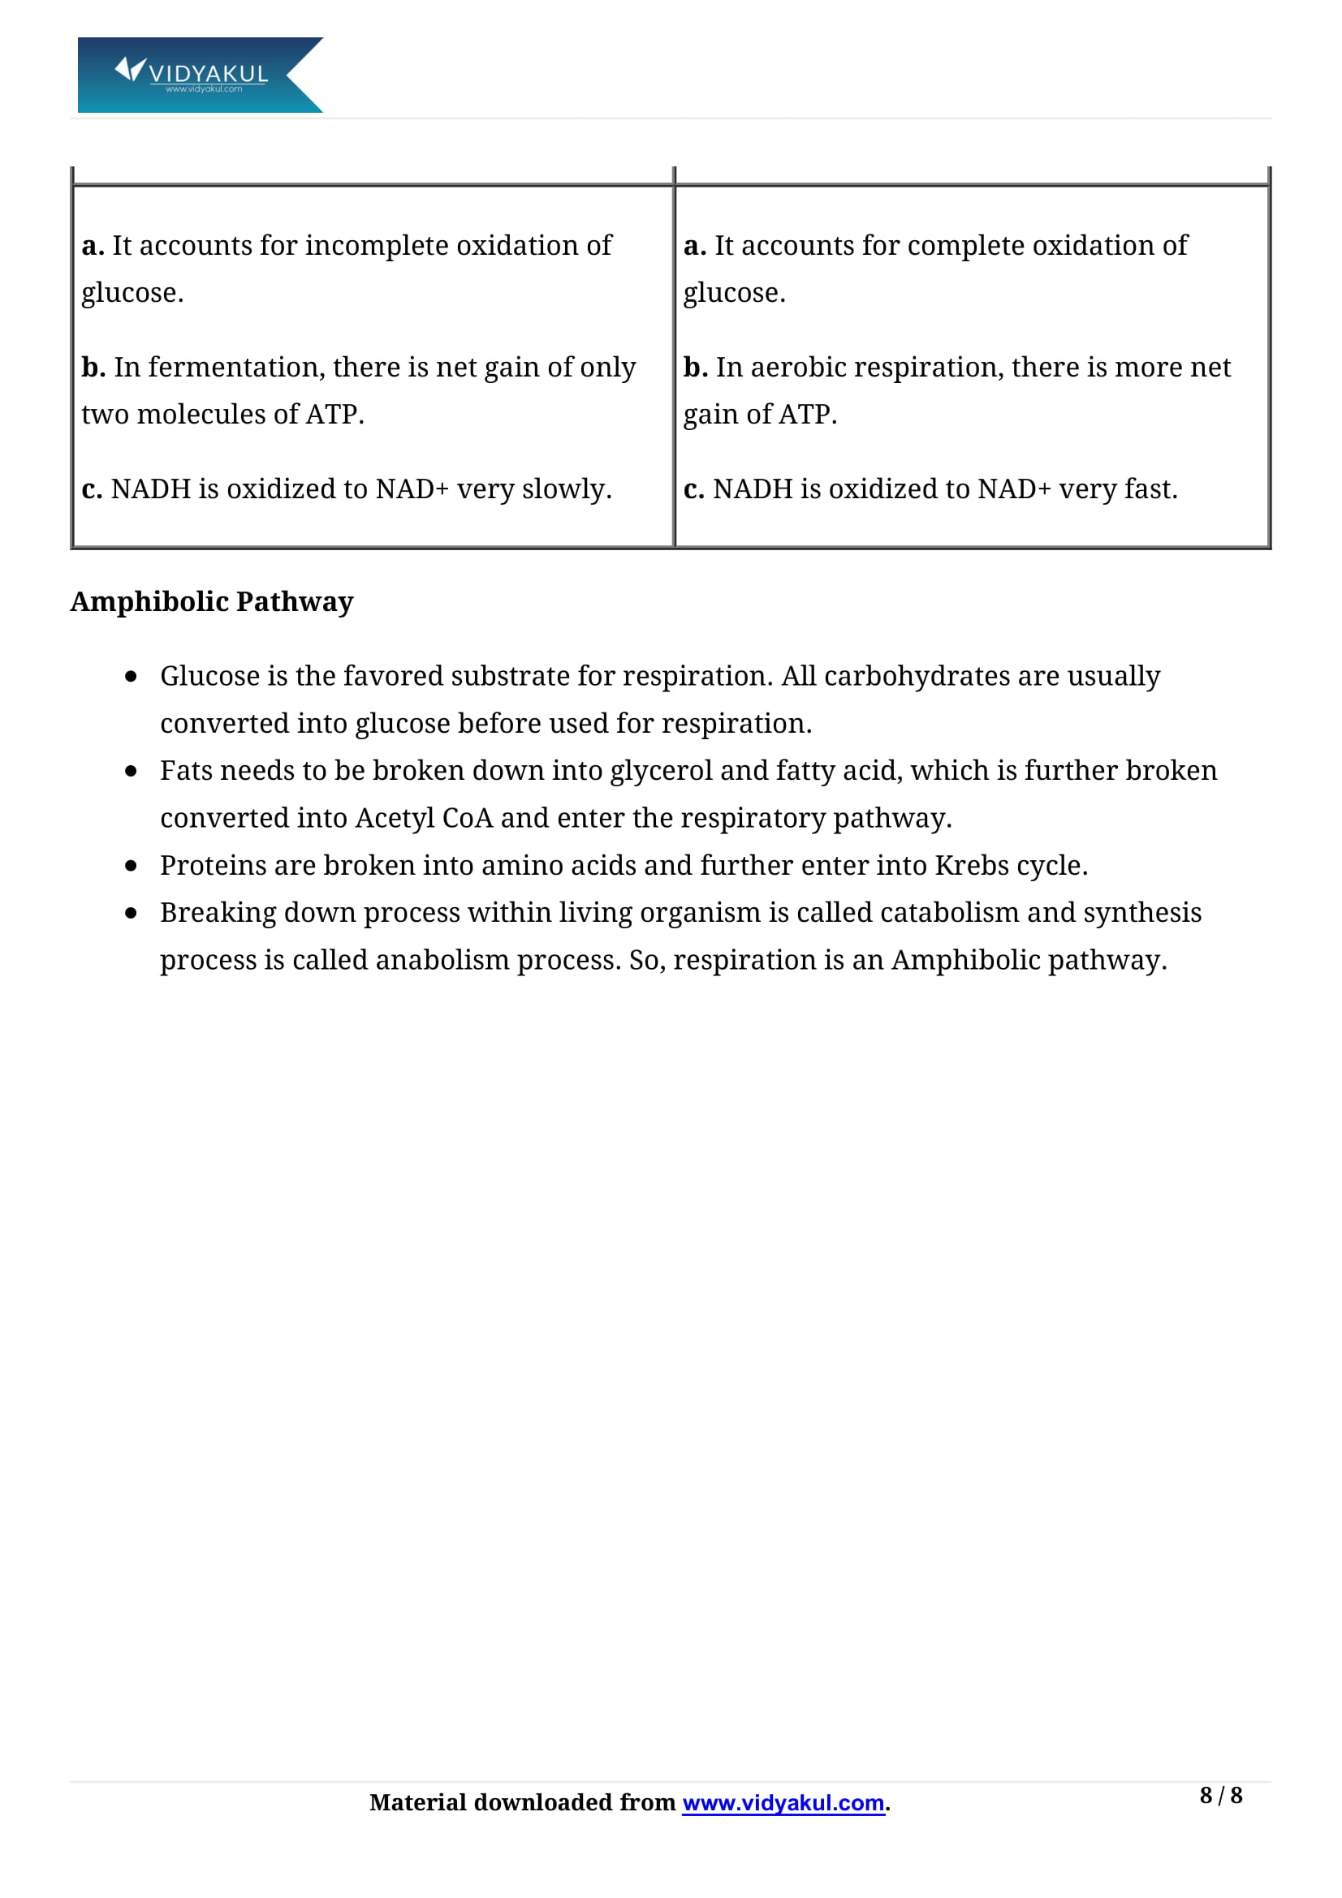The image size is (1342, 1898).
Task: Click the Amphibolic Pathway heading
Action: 212,602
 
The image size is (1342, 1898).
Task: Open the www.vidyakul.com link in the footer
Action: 783,1803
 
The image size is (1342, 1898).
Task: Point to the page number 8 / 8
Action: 1220,1796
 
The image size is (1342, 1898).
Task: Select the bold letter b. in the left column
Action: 93,367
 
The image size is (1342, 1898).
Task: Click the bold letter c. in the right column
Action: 694,489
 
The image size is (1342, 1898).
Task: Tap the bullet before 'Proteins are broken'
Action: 131,866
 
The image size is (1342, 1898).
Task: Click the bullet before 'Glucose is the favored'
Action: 131,676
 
